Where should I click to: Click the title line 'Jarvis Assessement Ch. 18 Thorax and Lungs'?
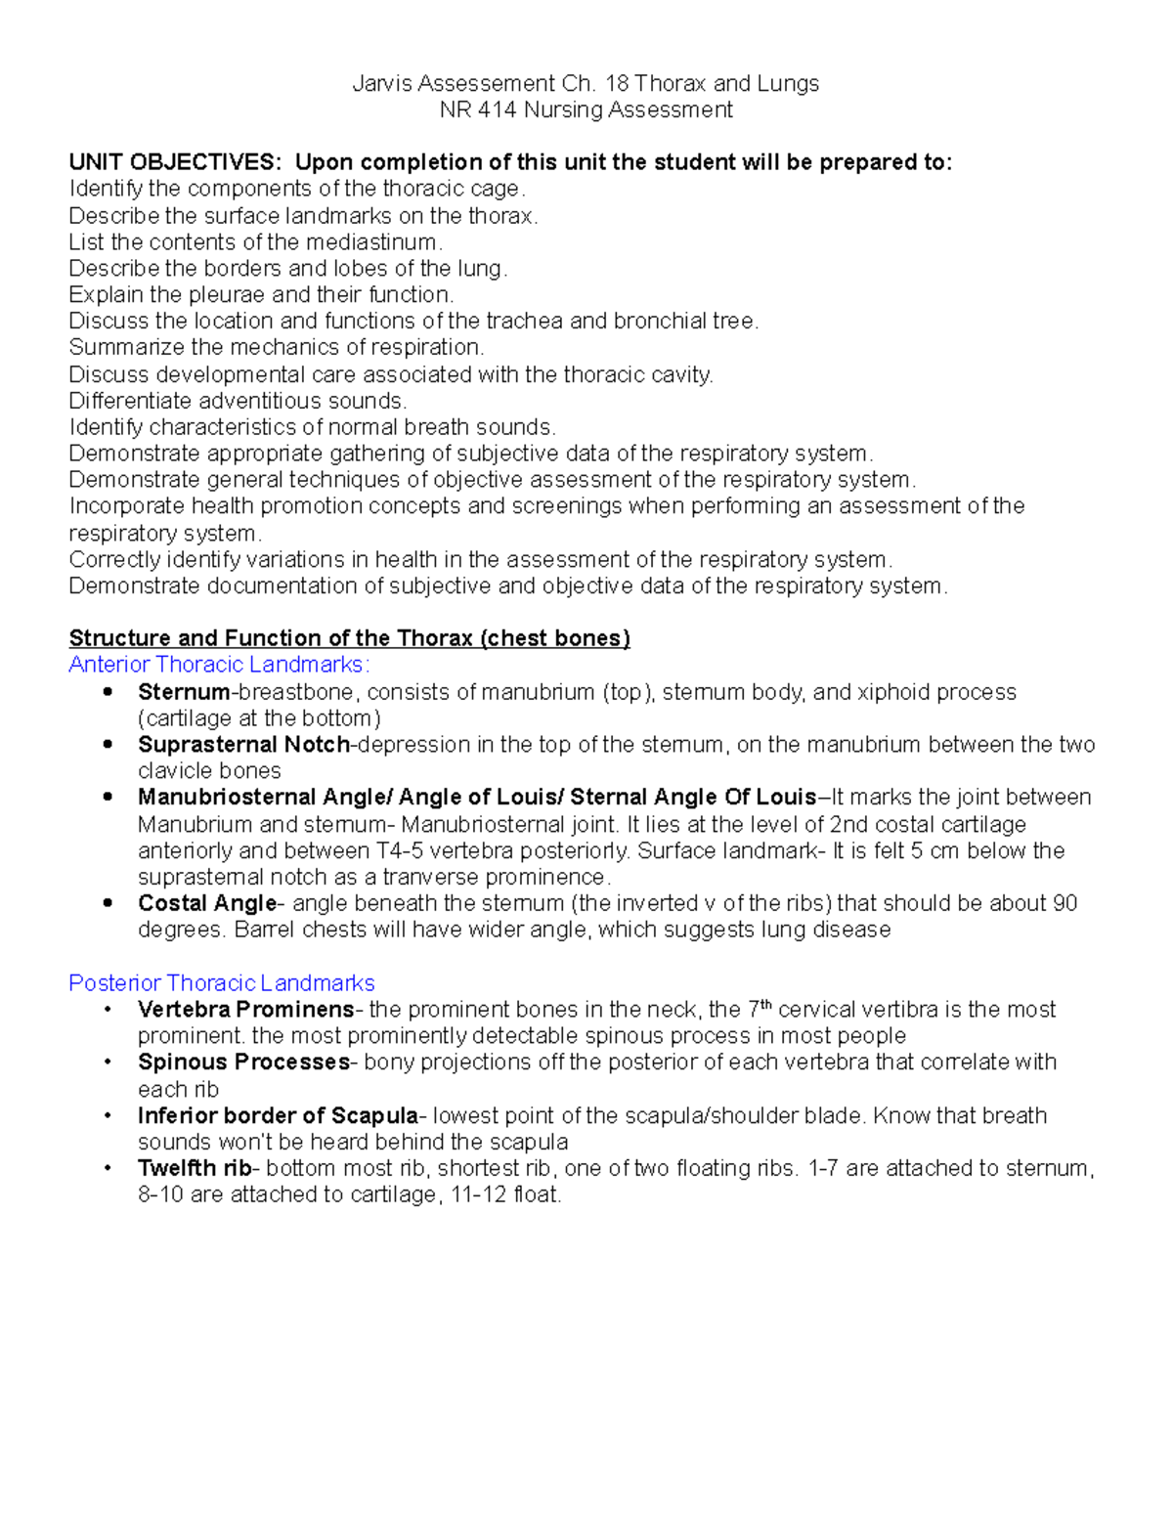[586, 84]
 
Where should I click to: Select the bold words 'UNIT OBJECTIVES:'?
[178, 162]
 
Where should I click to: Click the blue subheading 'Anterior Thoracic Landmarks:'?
[219, 666]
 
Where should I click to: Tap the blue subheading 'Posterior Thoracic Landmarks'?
[222, 983]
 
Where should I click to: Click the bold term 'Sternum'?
[184, 693]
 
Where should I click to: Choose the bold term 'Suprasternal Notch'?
[244, 745]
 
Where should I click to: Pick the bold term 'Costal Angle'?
[207, 904]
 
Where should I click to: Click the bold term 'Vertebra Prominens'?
[246, 1010]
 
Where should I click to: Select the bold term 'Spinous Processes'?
[243, 1063]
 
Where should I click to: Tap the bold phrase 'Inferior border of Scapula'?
[278, 1116]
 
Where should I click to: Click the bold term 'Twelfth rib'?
[195, 1169]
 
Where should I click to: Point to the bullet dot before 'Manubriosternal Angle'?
[109, 798]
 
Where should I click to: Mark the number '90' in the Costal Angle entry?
[1064, 904]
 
